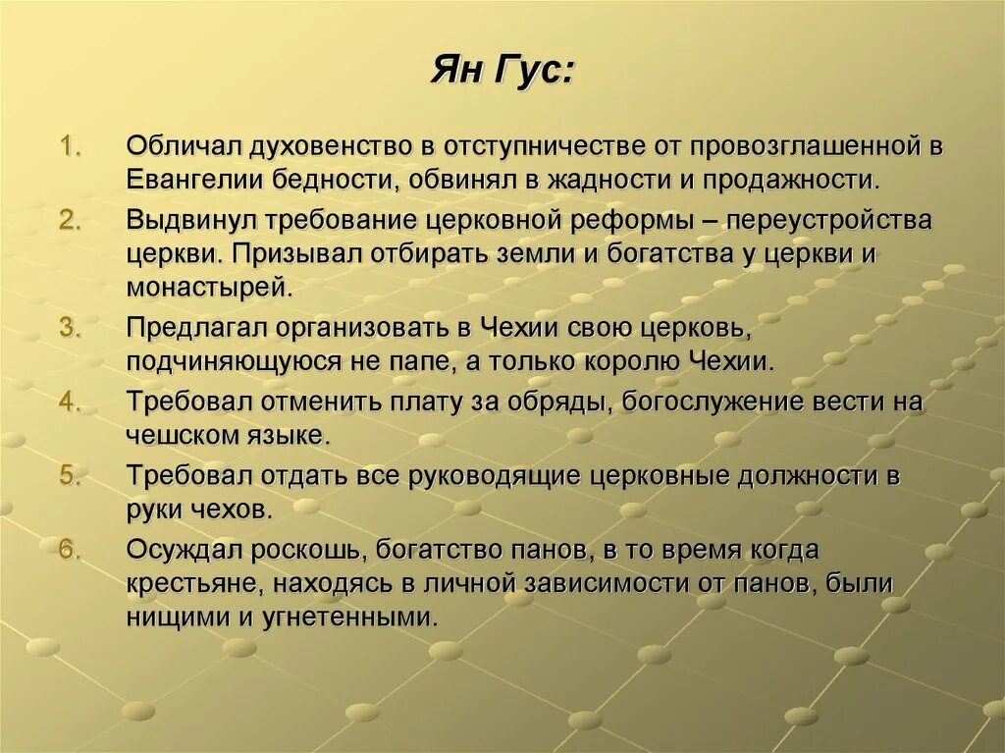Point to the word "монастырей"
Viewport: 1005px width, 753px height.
point(207,288)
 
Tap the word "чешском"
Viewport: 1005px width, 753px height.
point(173,435)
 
